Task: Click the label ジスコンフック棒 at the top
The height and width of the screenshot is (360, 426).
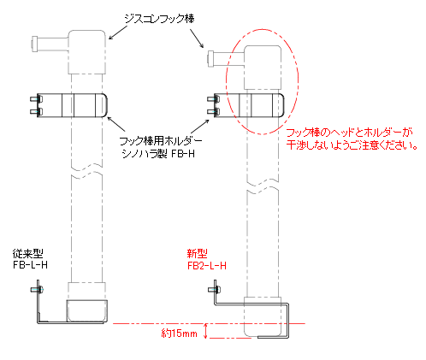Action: pos(159,19)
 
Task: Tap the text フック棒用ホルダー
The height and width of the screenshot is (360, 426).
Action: pos(161,141)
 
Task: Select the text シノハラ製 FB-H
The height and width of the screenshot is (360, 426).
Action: pos(158,154)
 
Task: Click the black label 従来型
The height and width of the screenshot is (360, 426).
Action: pos(27,253)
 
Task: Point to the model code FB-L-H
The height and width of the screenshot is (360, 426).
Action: pos(30,265)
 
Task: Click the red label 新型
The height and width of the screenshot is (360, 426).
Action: pos(197,253)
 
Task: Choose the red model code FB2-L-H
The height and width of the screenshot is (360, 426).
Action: pos(207,266)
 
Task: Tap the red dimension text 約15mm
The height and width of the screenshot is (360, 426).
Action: pos(180,333)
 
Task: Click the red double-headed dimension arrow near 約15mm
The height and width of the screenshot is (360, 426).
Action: pos(205,331)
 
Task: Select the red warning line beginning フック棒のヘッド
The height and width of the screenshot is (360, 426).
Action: pos(349,133)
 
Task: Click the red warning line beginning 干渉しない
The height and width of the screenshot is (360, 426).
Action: pos(352,145)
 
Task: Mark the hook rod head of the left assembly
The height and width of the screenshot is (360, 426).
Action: pos(87,52)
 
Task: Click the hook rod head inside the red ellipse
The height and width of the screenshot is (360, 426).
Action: pos(263,68)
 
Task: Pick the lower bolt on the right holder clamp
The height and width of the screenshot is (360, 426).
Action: pos(214,111)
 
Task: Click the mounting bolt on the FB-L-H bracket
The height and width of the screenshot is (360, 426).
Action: pos(37,290)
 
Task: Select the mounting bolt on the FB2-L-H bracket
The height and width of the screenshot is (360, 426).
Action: pos(215,290)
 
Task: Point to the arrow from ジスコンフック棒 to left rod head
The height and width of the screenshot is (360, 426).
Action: pos(118,32)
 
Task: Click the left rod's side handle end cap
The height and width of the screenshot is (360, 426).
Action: pos(35,44)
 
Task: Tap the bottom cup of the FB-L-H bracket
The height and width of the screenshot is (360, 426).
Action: pos(87,311)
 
